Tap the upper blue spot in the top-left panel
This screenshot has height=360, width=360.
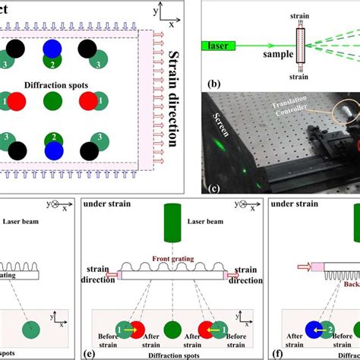(x=52, y=50)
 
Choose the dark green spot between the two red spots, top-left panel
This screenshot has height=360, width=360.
(x=52, y=101)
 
